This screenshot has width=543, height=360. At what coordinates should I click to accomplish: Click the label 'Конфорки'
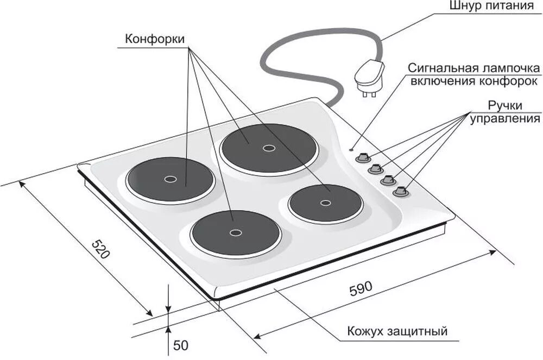(155, 39)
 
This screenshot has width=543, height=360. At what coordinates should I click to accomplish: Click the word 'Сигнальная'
(443, 68)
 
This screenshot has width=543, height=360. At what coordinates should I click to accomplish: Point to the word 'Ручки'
(505, 105)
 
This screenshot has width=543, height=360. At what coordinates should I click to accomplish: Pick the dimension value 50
(181, 345)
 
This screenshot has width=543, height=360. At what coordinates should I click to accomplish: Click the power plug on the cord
(369, 76)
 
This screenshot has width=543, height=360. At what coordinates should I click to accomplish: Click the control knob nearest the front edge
(401, 191)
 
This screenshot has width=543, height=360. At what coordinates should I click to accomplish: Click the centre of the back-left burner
(169, 179)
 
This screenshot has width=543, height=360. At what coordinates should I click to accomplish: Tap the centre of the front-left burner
(235, 232)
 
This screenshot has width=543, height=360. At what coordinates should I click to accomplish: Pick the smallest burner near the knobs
(325, 203)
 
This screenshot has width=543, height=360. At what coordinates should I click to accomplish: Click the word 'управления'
(505, 118)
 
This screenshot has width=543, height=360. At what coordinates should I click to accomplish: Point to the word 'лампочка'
(511, 68)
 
